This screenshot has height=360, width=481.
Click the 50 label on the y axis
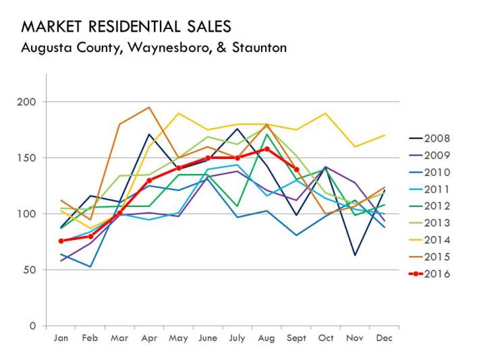(29, 270)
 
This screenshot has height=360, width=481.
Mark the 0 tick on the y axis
(32, 326)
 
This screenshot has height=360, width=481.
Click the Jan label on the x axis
(61, 338)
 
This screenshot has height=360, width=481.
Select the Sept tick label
(297, 338)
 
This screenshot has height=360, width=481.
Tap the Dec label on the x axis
(385, 338)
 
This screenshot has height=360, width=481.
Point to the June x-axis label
(208, 338)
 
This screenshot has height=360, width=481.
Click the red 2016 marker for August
(267, 149)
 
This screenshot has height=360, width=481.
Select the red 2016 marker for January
(61, 241)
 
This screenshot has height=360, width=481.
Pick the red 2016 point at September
(297, 170)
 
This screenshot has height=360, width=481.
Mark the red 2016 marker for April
(149, 180)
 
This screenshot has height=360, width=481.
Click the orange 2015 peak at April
(149, 107)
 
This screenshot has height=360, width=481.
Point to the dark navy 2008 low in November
(356, 255)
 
